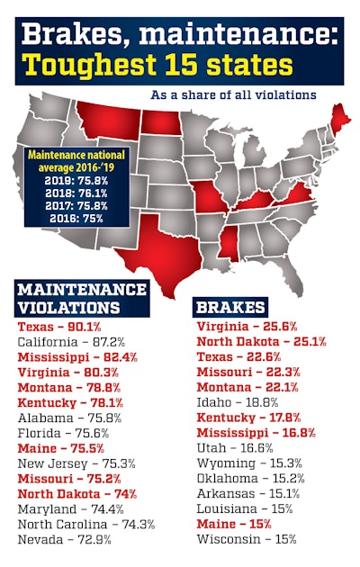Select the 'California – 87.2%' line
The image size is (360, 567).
click(68, 343)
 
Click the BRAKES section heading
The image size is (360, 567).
click(231, 307)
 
